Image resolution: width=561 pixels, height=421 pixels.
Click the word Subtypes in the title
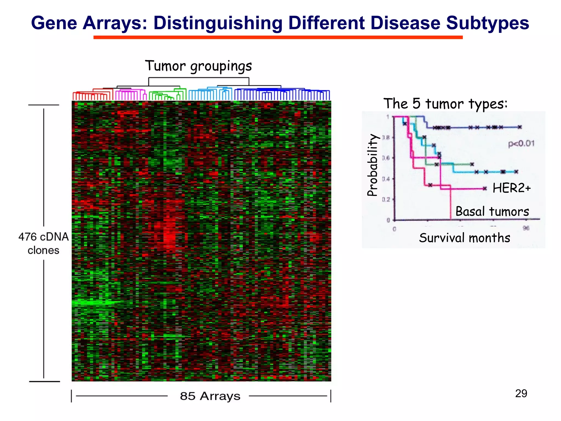click(487, 23)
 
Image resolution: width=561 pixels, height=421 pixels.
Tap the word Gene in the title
click(54, 23)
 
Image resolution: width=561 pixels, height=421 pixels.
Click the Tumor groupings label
click(198, 66)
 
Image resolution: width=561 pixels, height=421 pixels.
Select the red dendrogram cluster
click(92, 95)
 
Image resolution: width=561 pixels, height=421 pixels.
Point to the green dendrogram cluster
click(167, 95)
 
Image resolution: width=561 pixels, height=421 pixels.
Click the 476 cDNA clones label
click(44, 243)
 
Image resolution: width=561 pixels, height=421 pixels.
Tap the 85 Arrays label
click(210, 396)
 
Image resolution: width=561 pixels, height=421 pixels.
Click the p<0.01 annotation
click(521, 144)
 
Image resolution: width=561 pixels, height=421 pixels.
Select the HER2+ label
click(511, 188)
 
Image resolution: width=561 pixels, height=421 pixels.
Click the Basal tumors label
click(492, 212)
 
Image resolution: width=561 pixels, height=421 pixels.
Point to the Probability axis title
click(372, 165)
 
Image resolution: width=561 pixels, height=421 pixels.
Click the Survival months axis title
click(465, 238)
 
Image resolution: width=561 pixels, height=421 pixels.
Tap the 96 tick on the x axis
click(526, 228)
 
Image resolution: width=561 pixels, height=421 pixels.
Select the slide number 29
click(521, 394)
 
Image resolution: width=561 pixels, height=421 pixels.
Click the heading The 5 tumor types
click(445, 104)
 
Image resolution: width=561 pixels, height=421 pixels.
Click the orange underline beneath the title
click(278, 37)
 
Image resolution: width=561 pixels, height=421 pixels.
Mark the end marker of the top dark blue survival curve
click(520, 127)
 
